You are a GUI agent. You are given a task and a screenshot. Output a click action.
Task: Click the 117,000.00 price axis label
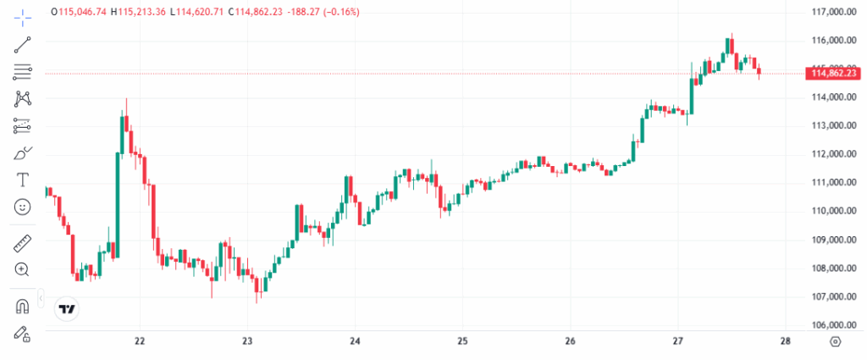(x=831, y=12)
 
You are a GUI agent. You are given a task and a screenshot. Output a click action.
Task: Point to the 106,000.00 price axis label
(x=831, y=325)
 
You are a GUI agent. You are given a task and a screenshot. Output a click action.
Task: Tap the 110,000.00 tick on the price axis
(x=831, y=211)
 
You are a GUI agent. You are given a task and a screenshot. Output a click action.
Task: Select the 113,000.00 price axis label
(x=831, y=125)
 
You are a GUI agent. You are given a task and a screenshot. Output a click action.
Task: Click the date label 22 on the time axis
(x=141, y=341)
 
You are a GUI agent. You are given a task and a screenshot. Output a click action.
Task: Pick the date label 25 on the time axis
(x=462, y=341)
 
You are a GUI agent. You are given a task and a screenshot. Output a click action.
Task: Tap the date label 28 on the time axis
(x=785, y=341)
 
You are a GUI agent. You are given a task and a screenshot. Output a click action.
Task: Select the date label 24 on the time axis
(x=356, y=341)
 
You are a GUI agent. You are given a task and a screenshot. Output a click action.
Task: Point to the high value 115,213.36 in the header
(x=141, y=12)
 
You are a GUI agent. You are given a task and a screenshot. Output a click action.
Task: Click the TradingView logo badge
(x=67, y=309)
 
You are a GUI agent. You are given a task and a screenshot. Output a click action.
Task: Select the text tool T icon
(x=23, y=180)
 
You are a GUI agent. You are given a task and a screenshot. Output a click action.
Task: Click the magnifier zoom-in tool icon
(x=23, y=269)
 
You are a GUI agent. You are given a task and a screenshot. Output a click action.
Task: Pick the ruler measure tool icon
(x=23, y=245)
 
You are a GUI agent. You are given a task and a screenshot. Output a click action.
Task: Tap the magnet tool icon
(x=23, y=306)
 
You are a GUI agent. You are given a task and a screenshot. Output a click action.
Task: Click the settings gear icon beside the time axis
(x=836, y=341)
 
